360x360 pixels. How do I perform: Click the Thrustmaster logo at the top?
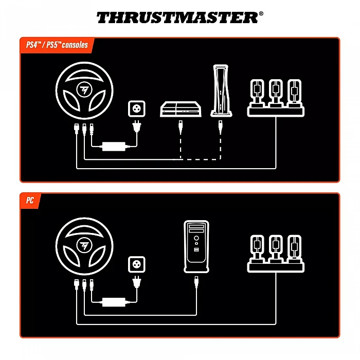(x=180, y=17)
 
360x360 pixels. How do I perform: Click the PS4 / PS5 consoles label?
(x=57, y=45)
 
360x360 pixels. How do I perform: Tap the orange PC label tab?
(x=30, y=201)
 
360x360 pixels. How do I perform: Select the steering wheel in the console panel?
(x=84, y=91)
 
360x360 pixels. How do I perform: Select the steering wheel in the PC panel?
(x=84, y=246)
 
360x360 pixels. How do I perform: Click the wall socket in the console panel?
(x=137, y=109)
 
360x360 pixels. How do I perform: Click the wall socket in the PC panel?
(x=137, y=264)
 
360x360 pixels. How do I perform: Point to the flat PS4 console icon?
(x=181, y=109)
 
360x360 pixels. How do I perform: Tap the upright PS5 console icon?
(x=221, y=91)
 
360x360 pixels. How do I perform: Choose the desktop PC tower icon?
(x=196, y=246)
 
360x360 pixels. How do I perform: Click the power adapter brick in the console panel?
(x=114, y=147)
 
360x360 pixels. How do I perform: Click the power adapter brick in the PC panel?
(x=114, y=302)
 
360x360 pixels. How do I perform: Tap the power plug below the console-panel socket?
(x=137, y=126)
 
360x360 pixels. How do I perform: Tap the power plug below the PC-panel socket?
(x=137, y=282)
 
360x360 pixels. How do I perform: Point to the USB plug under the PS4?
(x=181, y=127)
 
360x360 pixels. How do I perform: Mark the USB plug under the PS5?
(x=221, y=127)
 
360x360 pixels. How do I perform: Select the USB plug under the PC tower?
(x=196, y=282)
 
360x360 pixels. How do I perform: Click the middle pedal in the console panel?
(x=276, y=93)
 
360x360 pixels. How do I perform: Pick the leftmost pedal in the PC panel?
(x=257, y=248)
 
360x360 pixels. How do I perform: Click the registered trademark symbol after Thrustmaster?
(x=261, y=13)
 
